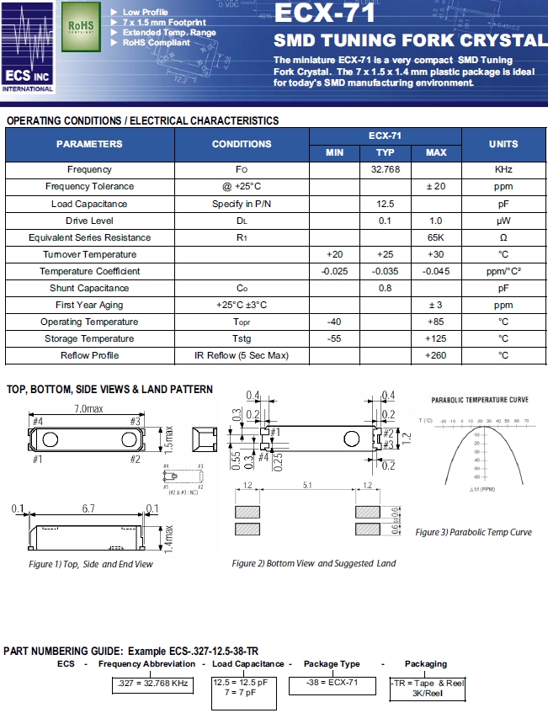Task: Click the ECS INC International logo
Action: click(28, 48)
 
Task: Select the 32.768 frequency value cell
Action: click(385, 170)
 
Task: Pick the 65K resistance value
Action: click(435, 237)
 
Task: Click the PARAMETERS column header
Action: click(89, 144)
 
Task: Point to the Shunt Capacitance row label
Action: click(89, 288)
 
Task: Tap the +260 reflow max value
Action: click(435, 355)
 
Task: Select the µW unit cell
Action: click(503, 221)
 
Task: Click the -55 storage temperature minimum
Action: click(334, 338)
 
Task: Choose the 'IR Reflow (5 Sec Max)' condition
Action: click(242, 355)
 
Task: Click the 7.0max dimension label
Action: click(89, 408)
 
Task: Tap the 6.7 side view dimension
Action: click(89, 509)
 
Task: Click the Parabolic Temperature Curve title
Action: click(480, 400)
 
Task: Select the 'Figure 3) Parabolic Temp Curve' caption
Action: click(474, 532)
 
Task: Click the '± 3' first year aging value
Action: click(435, 305)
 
